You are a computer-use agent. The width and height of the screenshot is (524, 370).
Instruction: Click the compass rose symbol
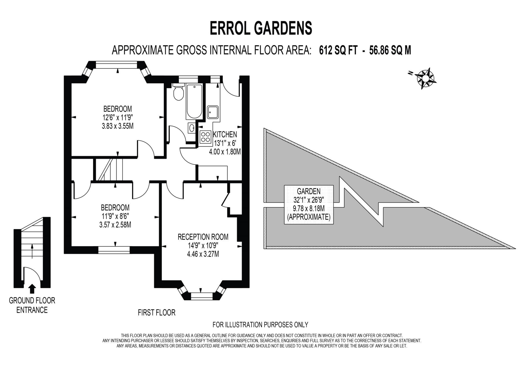[x=425, y=78]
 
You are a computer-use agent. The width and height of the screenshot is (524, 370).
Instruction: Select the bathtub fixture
[x=194, y=102]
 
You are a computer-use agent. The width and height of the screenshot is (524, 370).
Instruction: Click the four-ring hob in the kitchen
[x=205, y=136]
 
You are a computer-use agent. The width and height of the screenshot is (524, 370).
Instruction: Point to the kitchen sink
[x=213, y=112]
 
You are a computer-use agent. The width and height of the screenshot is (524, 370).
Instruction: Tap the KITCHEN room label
[x=225, y=134]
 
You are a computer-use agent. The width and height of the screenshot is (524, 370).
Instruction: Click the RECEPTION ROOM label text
[x=203, y=237]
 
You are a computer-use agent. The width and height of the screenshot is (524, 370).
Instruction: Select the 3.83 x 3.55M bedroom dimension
[x=117, y=126]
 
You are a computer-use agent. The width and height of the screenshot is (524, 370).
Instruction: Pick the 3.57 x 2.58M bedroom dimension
[x=115, y=225]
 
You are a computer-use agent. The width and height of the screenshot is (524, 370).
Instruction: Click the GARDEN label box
[x=309, y=204]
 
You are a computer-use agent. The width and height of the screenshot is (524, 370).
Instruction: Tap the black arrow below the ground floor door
[x=32, y=289]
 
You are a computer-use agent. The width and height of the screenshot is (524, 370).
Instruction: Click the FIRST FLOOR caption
[x=156, y=312]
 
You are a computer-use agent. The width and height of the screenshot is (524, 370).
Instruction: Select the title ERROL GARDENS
[x=261, y=28]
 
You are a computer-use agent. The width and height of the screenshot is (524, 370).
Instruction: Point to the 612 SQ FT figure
[x=338, y=50]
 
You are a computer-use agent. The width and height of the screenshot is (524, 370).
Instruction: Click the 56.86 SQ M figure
[x=390, y=50]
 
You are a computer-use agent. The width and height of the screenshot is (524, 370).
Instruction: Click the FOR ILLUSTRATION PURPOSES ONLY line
[x=260, y=325]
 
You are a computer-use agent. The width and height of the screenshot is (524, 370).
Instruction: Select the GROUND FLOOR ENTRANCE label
[x=32, y=305]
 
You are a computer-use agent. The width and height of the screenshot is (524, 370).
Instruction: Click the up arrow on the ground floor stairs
[x=32, y=251]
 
